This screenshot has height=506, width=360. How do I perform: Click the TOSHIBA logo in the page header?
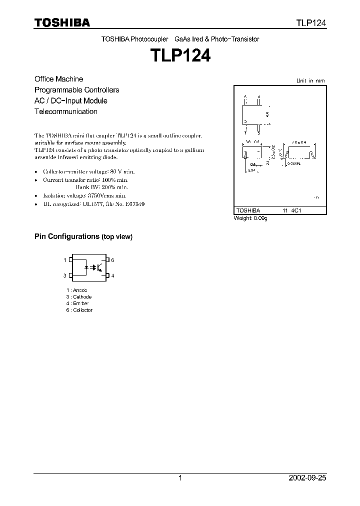coord(62,22)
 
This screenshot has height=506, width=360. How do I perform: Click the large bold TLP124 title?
coord(180,54)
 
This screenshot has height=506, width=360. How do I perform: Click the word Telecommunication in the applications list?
coord(65,111)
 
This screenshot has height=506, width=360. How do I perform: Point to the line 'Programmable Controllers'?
coord(76,90)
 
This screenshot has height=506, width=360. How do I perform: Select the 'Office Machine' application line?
coord(58,79)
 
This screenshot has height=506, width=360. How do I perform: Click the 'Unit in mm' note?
coord(310,80)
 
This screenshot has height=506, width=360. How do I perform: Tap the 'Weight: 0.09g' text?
coord(250,218)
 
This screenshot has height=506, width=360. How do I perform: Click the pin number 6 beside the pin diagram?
coord(113,260)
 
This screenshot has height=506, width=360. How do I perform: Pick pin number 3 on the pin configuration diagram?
coord(65,275)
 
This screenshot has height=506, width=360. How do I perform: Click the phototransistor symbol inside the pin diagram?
coord(99,267)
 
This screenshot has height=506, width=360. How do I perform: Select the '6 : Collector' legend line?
coord(79,310)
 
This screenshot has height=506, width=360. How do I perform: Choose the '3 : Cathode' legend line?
coord(78,297)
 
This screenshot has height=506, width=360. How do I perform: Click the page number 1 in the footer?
coord(180,478)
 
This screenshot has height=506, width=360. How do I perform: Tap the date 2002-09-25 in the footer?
coord(308,478)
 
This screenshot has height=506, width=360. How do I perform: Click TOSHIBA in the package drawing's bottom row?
coord(246,211)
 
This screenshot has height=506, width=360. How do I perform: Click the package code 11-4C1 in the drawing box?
coord(292,211)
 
